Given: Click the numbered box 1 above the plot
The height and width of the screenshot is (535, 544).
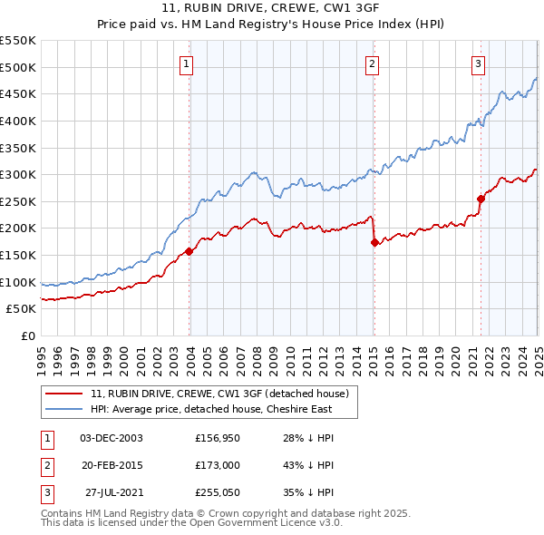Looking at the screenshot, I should click(x=185, y=63).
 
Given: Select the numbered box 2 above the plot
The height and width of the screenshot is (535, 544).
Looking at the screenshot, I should click(x=373, y=63).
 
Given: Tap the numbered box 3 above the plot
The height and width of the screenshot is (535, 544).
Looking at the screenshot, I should click(x=478, y=63).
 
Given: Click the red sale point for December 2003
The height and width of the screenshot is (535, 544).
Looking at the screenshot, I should click(x=189, y=251).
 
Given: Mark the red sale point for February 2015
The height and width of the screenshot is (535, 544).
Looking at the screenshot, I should click(x=374, y=242).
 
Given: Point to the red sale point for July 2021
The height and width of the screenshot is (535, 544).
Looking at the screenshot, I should click(x=481, y=199).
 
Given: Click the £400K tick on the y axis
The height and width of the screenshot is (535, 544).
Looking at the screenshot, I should click(x=21, y=121).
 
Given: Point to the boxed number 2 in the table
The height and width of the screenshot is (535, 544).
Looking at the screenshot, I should click(x=46, y=466).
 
